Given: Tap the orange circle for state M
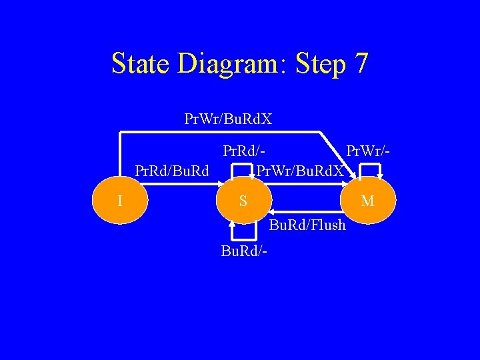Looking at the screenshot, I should click(x=368, y=199).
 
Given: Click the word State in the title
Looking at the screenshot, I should click(x=141, y=64).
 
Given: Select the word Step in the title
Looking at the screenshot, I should click(x=318, y=65).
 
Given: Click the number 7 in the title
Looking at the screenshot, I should click(x=361, y=64).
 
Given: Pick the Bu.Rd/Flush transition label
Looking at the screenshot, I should click(x=307, y=225).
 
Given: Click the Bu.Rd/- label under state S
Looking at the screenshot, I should click(x=245, y=251).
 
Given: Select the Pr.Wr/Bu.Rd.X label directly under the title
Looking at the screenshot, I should click(x=228, y=119).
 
